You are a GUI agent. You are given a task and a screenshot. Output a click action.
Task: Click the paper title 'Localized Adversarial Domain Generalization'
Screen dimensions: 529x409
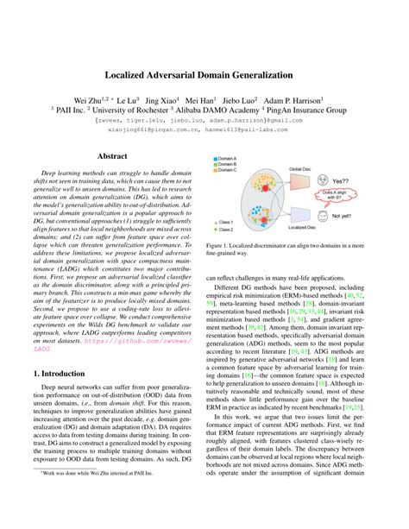click(x=204, y=77)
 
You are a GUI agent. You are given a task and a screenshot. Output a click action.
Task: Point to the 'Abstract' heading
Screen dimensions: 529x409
click(x=111, y=157)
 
